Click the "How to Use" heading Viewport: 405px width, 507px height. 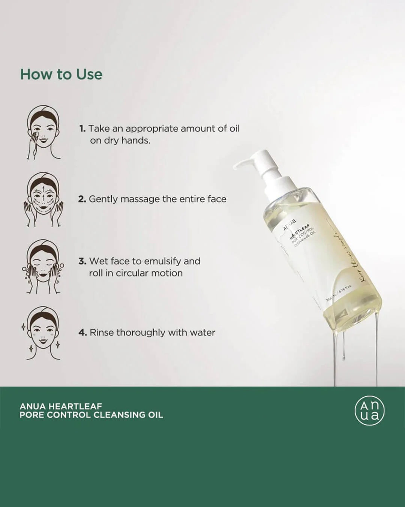click(x=61, y=74)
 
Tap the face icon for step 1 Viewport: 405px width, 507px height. click(x=43, y=132)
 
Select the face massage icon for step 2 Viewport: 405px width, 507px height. click(x=43, y=199)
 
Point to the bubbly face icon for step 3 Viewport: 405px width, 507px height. click(x=43, y=267)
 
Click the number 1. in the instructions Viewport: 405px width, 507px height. click(x=82, y=129)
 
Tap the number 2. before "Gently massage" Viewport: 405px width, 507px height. click(x=82, y=199)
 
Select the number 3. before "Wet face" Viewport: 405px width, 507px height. click(x=82, y=261)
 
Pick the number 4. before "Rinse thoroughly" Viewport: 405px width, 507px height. click(x=82, y=333)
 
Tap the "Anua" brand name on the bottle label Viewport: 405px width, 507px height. click(x=289, y=225)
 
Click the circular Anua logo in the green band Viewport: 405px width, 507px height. click(x=369, y=410)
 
